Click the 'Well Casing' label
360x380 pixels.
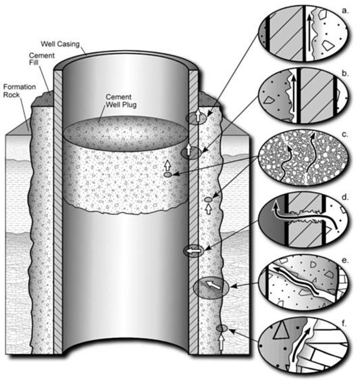(x=60, y=44)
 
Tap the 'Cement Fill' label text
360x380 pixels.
(x=42, y=59)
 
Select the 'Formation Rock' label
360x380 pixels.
(x=20, y=91)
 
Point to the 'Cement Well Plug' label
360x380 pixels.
(x=121, y=101)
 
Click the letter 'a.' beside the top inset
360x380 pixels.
(x=344, y=11)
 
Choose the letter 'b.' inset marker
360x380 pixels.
(x=345, y=74)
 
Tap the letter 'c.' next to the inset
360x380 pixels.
(x=344, y=135)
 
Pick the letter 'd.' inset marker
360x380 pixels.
(x=344, y=197)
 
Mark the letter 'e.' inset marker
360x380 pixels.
(x=344, y=260)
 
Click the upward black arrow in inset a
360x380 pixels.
(x=309, y=33)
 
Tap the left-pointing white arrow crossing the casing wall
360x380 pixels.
(x=194, y=251)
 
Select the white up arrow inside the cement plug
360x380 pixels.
(x=168, y=166)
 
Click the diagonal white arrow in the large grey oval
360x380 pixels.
(x=213, y=285)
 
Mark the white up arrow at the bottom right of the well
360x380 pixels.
(x=222, y=341)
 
